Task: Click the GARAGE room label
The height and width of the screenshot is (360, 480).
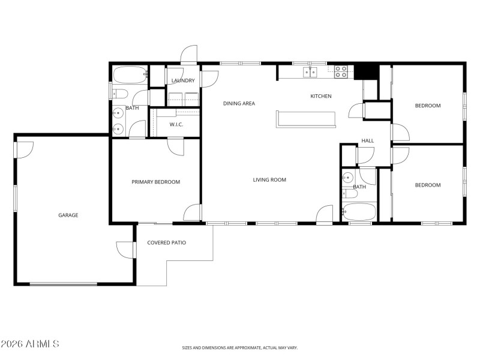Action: [68, 215]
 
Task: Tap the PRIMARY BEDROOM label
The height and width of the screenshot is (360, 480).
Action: [155, 182]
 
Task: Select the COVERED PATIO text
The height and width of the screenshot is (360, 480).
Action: [166, 243]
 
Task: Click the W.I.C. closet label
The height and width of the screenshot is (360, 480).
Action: [176, 125]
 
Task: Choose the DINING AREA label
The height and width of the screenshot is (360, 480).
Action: [239, 103]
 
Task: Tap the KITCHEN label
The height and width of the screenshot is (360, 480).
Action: [320, 96]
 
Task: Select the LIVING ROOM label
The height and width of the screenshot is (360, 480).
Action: [269, 179]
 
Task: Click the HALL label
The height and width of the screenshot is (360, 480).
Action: [367, 141]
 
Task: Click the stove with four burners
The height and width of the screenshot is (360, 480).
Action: [341, 72]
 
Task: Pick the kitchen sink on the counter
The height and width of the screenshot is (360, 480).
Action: [310, 72]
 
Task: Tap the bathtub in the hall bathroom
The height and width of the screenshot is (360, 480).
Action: [358, 212]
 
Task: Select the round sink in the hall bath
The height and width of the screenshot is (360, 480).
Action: [347, 177]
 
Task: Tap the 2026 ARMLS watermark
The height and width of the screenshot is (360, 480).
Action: [30, 344]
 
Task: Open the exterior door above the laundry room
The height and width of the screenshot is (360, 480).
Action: [189, 55]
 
